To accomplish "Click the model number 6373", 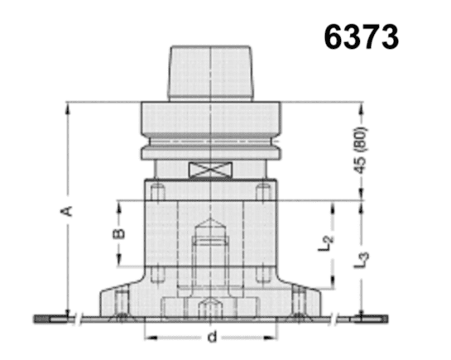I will coord(362,36).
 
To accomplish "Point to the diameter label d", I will coord(212,336).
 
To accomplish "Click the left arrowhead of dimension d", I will coord(150,337).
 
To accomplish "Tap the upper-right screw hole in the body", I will coord(263,193).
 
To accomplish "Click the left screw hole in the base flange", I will coord(122,300).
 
